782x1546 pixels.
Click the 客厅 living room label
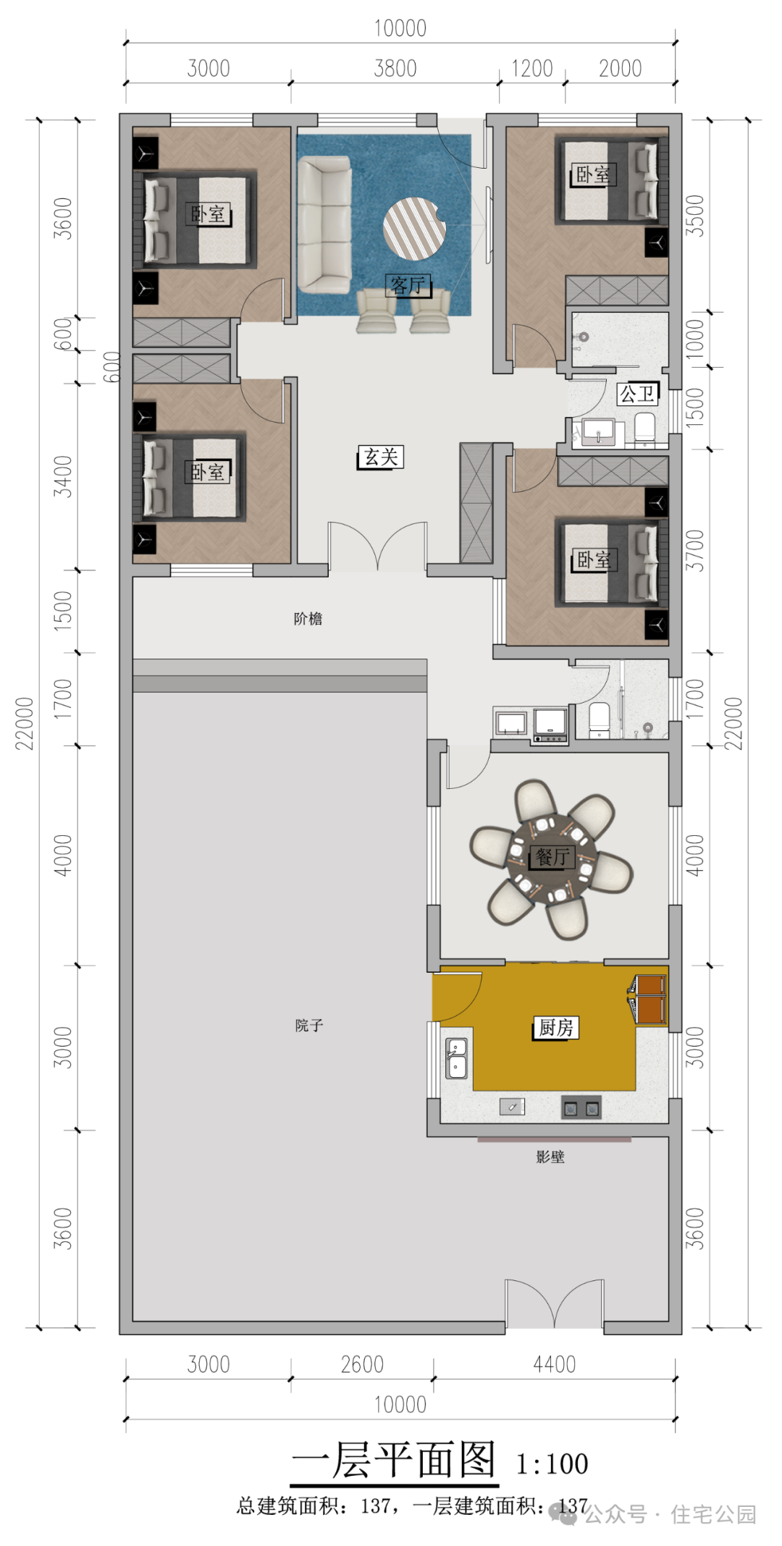[x=408, y=285]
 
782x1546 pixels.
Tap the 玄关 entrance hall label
[x=380, y=457]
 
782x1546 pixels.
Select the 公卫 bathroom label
[x=637, y=394]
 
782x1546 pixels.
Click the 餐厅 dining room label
[x=553, y=857]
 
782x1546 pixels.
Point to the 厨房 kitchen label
[x=556, y=1027]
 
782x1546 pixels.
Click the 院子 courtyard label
[x=309, y=1025]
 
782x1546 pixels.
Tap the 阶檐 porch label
[x=308, y=618]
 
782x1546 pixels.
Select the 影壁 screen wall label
[x=550, y=1157]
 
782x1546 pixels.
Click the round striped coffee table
[x=414, y=228]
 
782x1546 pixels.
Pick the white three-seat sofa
[x=324, y=225]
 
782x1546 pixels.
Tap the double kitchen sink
[x=456, y=1058]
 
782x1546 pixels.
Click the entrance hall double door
[x=377, y=546]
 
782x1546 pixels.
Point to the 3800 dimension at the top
[x=395, y=69]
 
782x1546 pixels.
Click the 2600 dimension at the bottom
[x=362, y=1364]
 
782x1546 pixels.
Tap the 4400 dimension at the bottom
[x=555, y=1364]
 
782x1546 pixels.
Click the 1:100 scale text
[x=552, y=1464]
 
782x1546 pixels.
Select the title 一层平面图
[x=395, y=1460]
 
